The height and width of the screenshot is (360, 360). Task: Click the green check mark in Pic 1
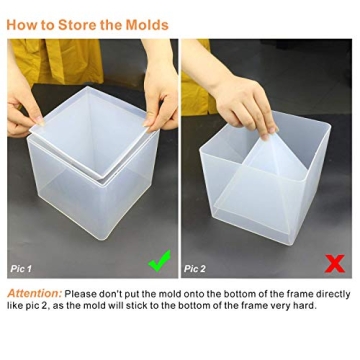pos(158,262)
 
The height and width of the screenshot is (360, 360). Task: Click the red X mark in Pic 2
pos(335,263)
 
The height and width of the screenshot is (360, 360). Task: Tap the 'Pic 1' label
pos(21,269)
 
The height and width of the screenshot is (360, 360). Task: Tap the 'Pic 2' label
pos(195,269)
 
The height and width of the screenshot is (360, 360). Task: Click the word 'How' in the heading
pos(21,25)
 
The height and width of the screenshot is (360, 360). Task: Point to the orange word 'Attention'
pos(33,294)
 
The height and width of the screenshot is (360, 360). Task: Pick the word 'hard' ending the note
pos(306,305)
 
